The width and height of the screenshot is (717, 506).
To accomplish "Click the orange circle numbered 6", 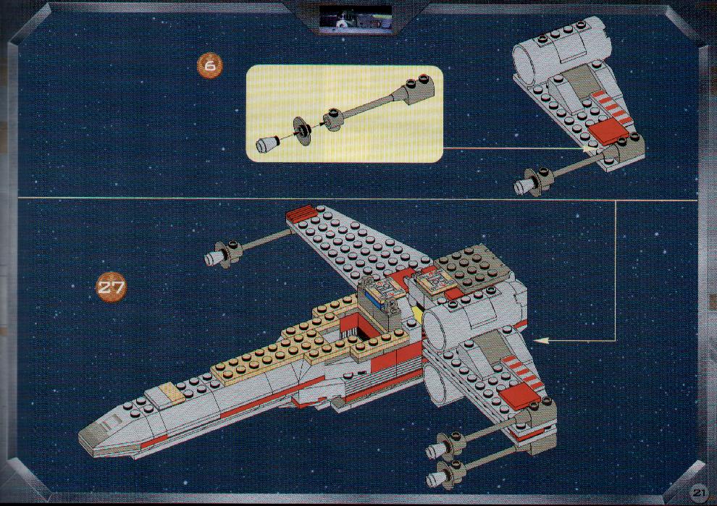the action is point(209,66).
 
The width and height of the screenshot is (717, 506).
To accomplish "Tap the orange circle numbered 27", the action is point(111,287).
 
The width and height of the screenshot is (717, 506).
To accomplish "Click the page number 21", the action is point(698,493).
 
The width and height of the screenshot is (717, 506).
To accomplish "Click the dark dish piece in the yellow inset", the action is point(302,131).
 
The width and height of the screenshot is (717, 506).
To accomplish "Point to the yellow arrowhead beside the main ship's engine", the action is point(542,340).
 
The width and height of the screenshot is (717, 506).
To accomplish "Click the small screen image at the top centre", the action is point(356,19).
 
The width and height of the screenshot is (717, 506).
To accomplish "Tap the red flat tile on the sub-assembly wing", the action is point(607,132).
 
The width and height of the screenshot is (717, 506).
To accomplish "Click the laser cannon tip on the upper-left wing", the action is point(214,259).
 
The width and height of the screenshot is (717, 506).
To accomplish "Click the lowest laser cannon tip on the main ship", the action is point(435,479).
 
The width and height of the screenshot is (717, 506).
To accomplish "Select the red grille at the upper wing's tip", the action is point(301,212).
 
